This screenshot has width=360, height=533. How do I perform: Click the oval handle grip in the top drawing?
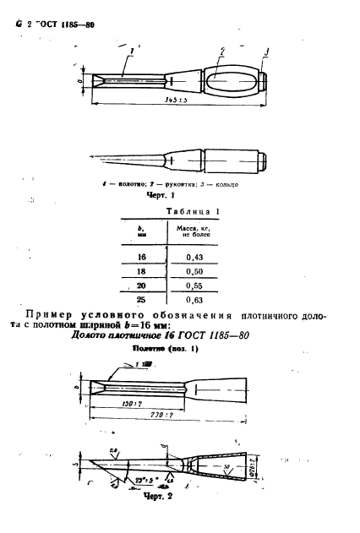pyautogui.click(x=228, y=82)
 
